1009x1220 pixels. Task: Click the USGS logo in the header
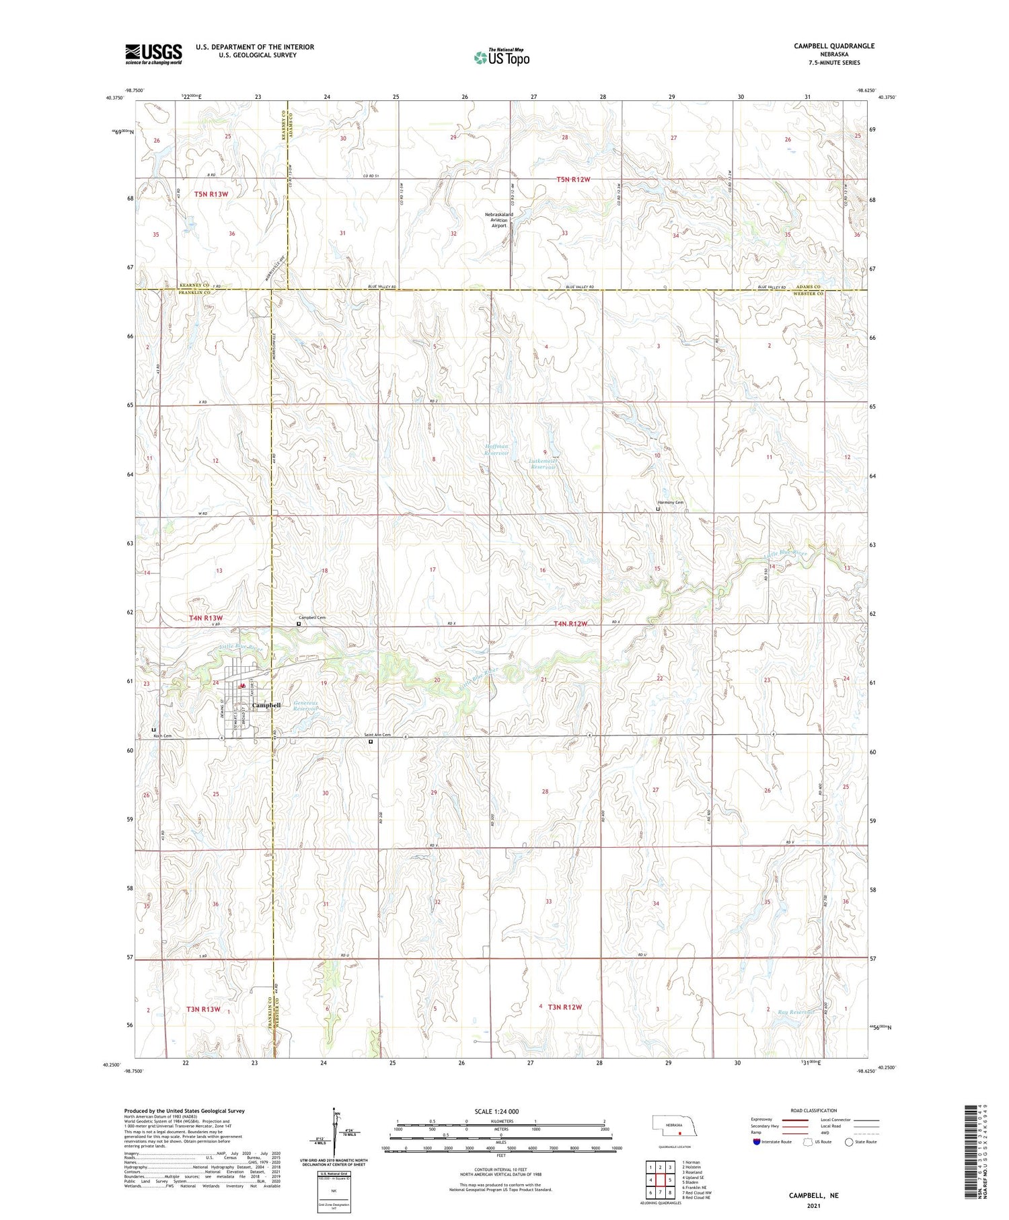(x=153, y=54)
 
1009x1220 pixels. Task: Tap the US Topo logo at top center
(x=501, y=58)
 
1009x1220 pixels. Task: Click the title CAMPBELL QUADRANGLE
(x=833, y=46)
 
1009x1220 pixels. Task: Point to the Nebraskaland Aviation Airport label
(x=499, y=220)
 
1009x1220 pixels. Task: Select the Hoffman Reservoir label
(x=496, y=450)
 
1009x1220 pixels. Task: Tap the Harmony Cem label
(x=670, y=503)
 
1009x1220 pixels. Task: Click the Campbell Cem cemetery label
(x=312, y=618)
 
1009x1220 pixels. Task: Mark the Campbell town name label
(x=266, y=705)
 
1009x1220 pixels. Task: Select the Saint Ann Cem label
(x=377, y=735)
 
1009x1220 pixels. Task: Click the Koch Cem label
(x=163, y=736)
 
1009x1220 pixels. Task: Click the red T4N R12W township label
(x=570, y=624)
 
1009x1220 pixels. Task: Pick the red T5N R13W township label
(x=211, y=194)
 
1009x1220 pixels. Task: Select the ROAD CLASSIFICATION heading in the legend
(x=813, y=1110)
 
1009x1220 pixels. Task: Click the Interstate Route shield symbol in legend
(x=757, y=1141)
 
